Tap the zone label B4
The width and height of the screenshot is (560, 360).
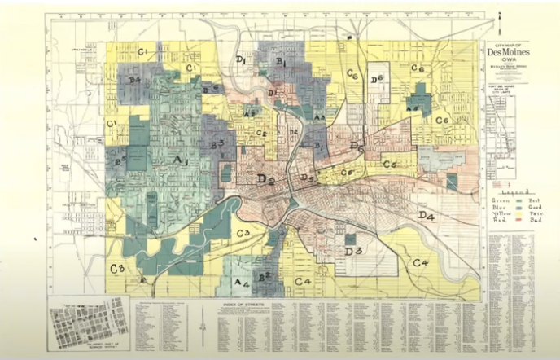pyautogui.click(x=135, y=80)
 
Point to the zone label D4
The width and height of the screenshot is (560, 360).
pyautogui.click(x=427, y=215)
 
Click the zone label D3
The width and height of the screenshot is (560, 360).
pyautogui.click(x=353, y=252)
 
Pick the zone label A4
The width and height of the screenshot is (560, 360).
pyautogui.click(x=242, y=283)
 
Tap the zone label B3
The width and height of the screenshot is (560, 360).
pyautogui.click(x=217, y=144)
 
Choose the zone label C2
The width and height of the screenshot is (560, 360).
pyautogui.click(x=262, y=133)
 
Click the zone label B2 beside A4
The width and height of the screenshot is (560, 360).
pyautogui.click(x=264, y=277)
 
